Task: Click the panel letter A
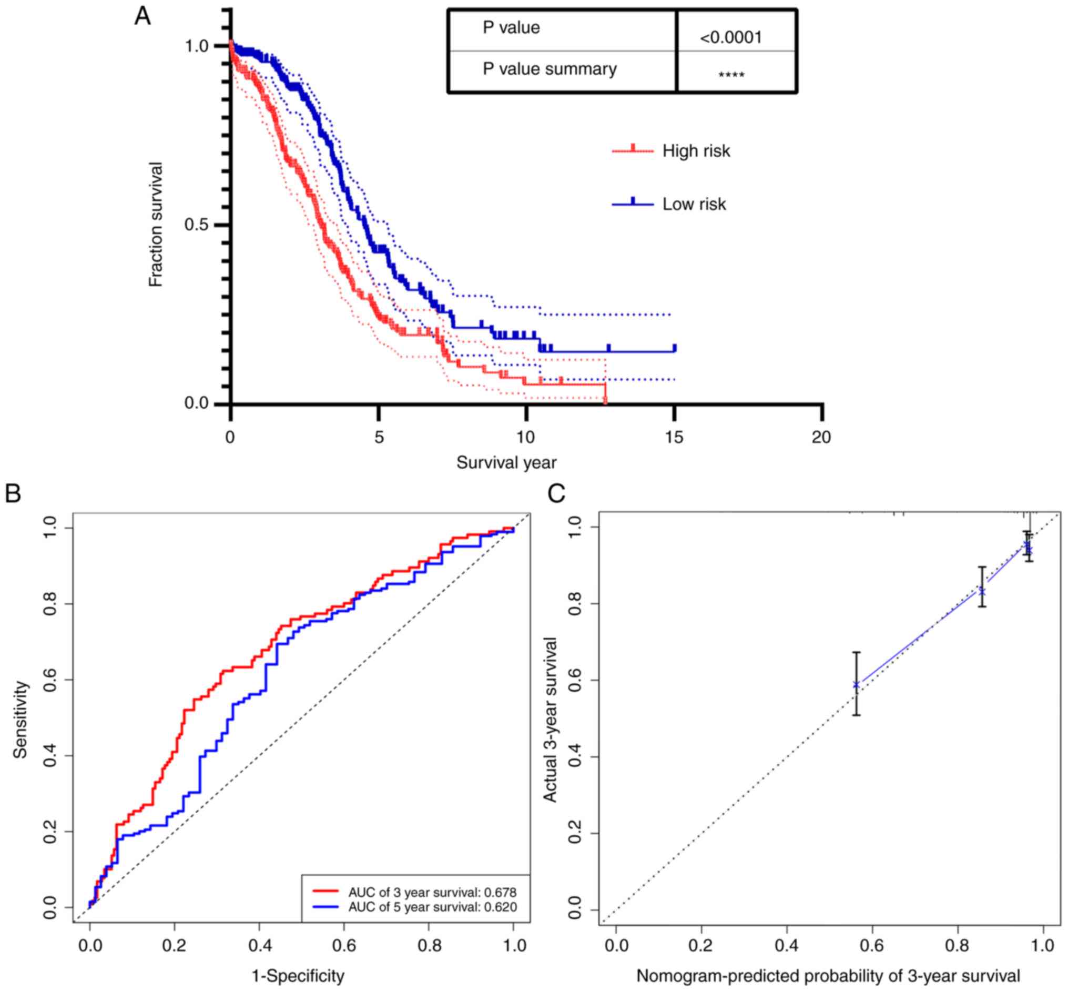[142, 16]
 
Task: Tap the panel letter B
[12, 493]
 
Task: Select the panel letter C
[556, 493]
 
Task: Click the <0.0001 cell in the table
[730, 37]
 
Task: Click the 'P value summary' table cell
[550, 69]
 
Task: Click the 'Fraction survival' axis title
[156, 225]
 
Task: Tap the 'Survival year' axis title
[506, 462]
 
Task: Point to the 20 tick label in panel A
[821, 438]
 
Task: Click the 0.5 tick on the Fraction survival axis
[196, 225]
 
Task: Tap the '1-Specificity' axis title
[298, 975]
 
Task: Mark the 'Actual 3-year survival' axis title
[550, 720]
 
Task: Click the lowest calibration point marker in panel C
[857, 684]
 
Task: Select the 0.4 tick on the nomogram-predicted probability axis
[786, 945]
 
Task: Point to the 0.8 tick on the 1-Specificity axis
[429, 945]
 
